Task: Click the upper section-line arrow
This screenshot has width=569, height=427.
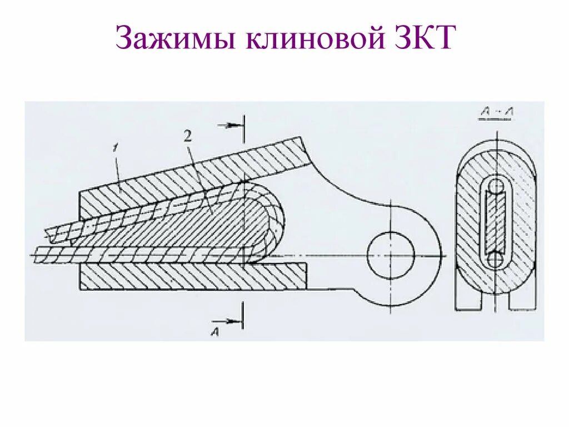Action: point(229,125)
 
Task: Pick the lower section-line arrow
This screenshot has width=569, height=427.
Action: point(229,320)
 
